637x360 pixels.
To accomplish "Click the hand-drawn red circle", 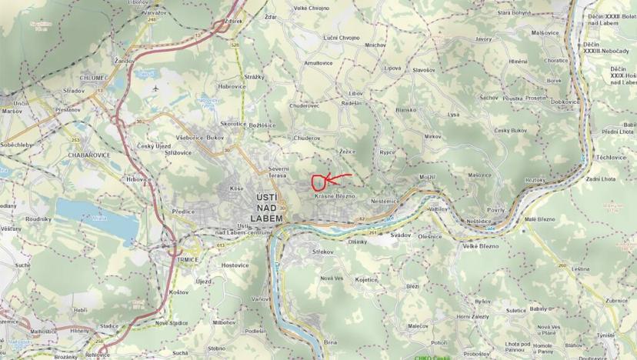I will [317, 182].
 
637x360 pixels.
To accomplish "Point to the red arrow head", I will [325, 180].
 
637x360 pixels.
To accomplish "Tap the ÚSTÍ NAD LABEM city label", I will [269, 208].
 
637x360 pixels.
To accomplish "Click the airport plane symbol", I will [155, 87].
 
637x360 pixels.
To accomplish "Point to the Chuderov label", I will [305, 138].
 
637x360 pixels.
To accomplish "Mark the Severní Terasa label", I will [278, 172].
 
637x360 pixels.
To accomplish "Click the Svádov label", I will [401, 234].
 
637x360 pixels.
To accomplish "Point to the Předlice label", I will [183, 211].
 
